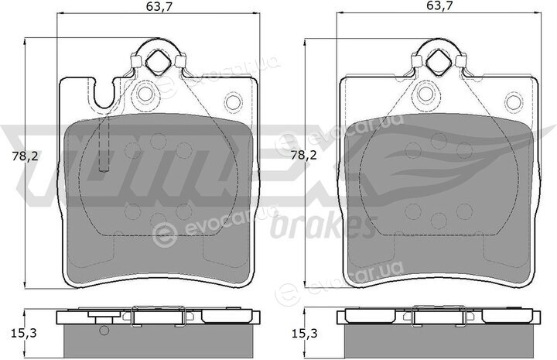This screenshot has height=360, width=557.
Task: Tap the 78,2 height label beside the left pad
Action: (25, 156)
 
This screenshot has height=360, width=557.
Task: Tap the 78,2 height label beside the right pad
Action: (304, 156)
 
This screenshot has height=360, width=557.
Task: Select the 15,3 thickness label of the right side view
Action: (305, 334)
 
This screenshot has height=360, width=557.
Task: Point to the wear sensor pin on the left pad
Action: (104, 144)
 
